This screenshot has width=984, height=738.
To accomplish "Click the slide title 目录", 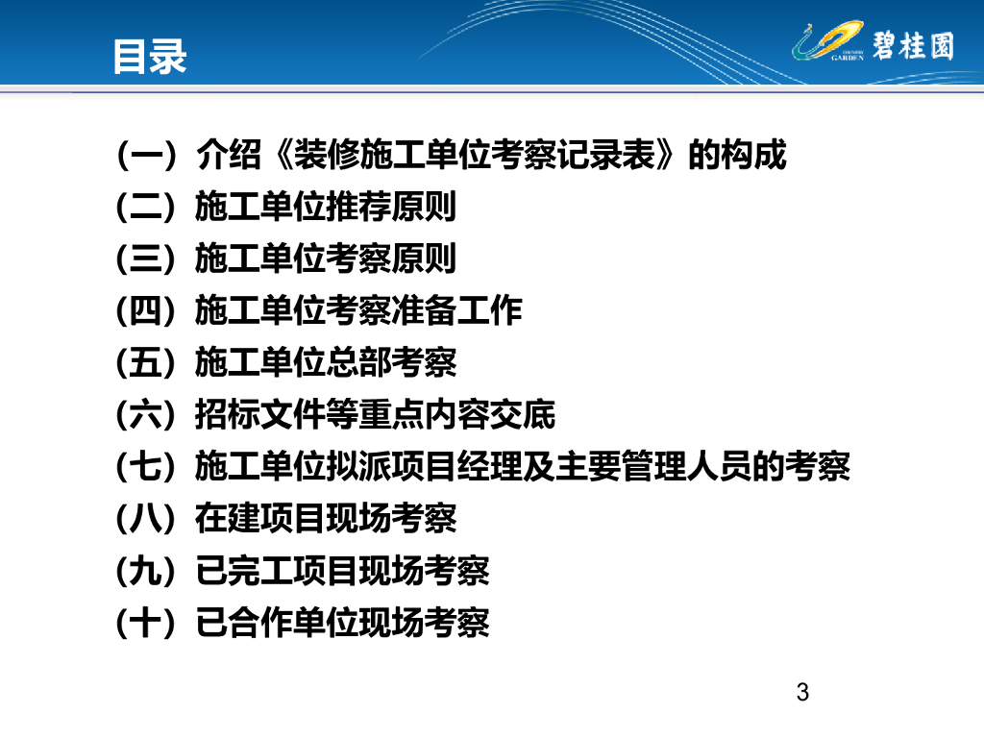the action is pos(150,57).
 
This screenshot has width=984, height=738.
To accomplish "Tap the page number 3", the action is pos(802,692).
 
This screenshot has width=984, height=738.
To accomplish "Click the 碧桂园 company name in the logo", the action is pos(913,45).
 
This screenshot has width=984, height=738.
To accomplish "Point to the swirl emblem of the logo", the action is pos(827,41).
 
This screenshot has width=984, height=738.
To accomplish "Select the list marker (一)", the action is pos(146,155).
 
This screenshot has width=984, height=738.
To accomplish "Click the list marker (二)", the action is pos(146,208).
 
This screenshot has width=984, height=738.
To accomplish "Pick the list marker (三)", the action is pos(146,259).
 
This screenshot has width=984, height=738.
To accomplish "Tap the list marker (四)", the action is pos(146,311).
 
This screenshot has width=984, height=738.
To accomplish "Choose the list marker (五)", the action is pos(146,362).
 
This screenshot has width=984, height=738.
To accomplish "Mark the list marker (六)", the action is pos(146,415).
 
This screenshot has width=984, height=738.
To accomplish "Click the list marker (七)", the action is pos(146,467).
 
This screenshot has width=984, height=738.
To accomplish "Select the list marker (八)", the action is pos(146,519).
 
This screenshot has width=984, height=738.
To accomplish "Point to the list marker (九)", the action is pos(146,571).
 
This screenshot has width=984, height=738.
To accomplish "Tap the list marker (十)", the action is pos(146,623).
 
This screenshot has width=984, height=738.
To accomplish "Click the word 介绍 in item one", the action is pos(229,155).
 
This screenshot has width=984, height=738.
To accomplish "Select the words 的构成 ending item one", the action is pos(737,155).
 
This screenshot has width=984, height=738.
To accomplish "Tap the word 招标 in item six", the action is pos(227,415).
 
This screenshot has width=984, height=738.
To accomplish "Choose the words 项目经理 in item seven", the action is pos(456,467).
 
